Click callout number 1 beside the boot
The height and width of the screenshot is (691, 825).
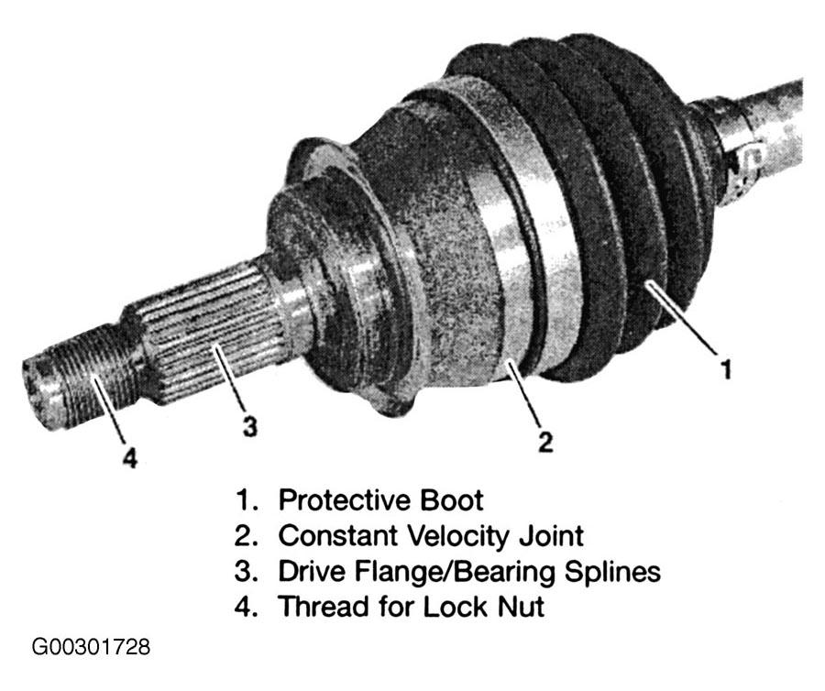point(726,368)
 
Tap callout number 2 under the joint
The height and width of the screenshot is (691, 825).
point(545,442)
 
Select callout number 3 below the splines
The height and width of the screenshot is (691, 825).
point(249,425)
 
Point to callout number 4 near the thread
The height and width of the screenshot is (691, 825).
point(130,456)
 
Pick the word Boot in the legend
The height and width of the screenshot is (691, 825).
point(451,500)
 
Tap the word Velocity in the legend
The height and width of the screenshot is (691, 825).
point(456,536)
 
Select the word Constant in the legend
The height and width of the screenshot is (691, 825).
point(336,536)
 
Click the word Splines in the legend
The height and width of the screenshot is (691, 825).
point(613,572)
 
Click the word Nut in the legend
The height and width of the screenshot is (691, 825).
point(522,607)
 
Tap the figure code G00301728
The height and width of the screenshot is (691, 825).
point(91,647)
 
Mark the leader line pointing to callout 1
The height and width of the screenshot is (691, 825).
point(683,318)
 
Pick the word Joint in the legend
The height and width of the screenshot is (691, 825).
point(552,536)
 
